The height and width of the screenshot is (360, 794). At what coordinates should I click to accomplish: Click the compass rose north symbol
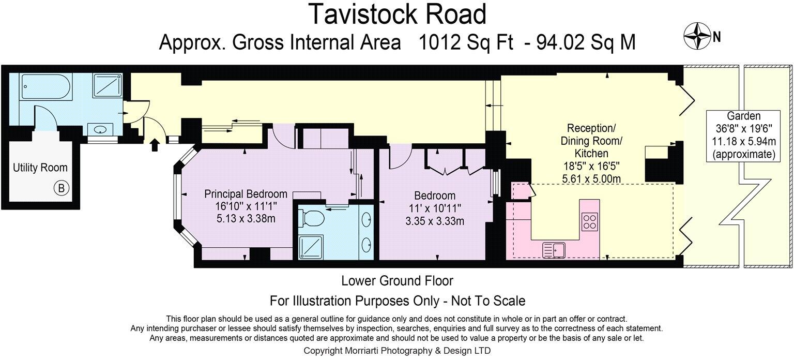[696, 36]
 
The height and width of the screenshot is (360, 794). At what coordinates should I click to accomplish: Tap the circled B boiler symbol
[62, 189]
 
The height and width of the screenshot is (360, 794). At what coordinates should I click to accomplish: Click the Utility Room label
[40, 168]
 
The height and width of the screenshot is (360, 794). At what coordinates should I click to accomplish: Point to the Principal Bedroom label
[246, 194]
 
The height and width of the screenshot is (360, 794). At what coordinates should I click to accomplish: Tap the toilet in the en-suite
[312, 219]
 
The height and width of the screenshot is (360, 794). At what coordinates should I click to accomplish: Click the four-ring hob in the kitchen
[589, 221]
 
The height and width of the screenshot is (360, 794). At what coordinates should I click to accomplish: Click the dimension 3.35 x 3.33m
[435, 221]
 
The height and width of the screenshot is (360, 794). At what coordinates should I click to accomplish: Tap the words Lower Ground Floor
[397, 281]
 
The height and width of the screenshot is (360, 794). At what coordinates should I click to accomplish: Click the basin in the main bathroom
[99, 129]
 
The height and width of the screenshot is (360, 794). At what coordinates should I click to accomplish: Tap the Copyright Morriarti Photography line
[397, 351]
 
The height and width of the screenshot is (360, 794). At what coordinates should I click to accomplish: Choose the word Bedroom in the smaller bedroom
[435, 196]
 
